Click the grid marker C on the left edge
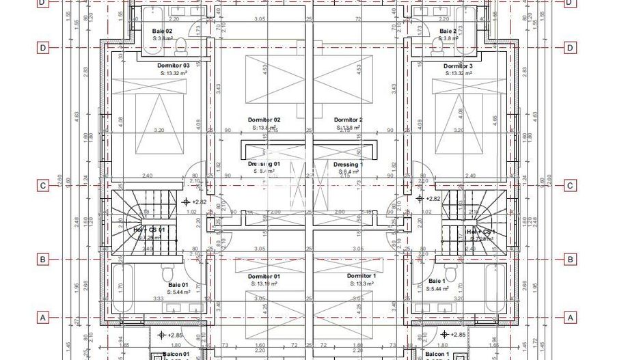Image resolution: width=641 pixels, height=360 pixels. tap(43, 186)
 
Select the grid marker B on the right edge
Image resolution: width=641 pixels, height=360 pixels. tap(571, 260)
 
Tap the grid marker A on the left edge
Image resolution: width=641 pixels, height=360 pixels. tap(43, 318)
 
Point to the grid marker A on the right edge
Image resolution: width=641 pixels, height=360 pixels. tap(571, 318)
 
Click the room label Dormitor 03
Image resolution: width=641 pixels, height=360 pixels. tap(172, 66)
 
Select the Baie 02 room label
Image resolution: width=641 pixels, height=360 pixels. tap(162, 31)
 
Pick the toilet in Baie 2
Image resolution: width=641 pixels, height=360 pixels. tap(438, 44)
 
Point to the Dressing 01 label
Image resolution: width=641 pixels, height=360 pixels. tap(264, 165)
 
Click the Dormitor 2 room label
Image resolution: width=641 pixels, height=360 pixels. tap(348, 120)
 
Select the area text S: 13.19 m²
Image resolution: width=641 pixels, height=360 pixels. tap(264, 283)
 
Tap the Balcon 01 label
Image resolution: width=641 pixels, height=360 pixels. tap(176, 355)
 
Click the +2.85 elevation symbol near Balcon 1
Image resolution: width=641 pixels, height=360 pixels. tap(444, 335)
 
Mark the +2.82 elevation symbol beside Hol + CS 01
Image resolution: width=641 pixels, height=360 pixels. tap(186, 202)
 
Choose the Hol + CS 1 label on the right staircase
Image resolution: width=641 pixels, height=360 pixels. tap(481, 232)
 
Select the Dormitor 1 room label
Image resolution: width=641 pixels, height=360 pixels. tap(359, 276)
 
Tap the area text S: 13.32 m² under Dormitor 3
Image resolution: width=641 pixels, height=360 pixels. tap(458, 73)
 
